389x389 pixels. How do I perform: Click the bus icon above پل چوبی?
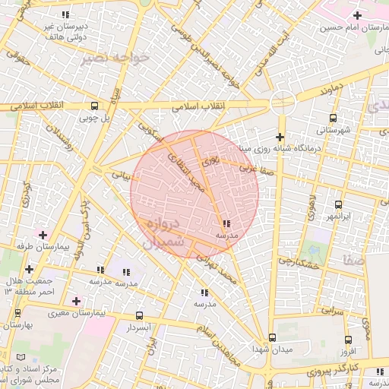tap(94, 106)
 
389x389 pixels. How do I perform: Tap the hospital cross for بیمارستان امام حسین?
tap(358, 15)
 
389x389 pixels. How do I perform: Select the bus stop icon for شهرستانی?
tap(333, 118)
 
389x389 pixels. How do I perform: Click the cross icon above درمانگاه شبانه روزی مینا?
tap(280, 137)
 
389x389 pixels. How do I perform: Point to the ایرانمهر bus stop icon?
tap(338, 204)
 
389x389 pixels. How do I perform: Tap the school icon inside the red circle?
tap(226, 223)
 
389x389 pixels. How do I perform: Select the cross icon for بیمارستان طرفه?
tap(43, 235)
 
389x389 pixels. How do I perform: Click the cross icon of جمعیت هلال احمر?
tap(29, 269)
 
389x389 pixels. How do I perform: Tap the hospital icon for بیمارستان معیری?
tap(75, 301)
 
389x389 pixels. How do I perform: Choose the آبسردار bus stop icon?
tap(138, 315)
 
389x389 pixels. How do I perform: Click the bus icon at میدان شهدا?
tap(272, 337)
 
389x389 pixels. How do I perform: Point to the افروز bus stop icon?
tap(348, 340)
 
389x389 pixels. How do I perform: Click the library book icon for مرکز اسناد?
tap(20, 357)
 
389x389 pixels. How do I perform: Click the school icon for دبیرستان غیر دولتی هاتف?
tap(65, 14)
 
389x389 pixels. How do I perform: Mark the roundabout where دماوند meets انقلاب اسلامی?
tap(283, 102)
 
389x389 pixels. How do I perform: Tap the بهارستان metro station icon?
tap(8, 324)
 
